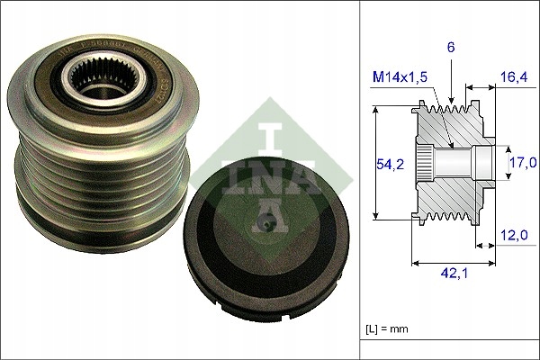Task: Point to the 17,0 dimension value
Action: click(522, 162)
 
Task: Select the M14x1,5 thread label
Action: click(400, 79)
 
